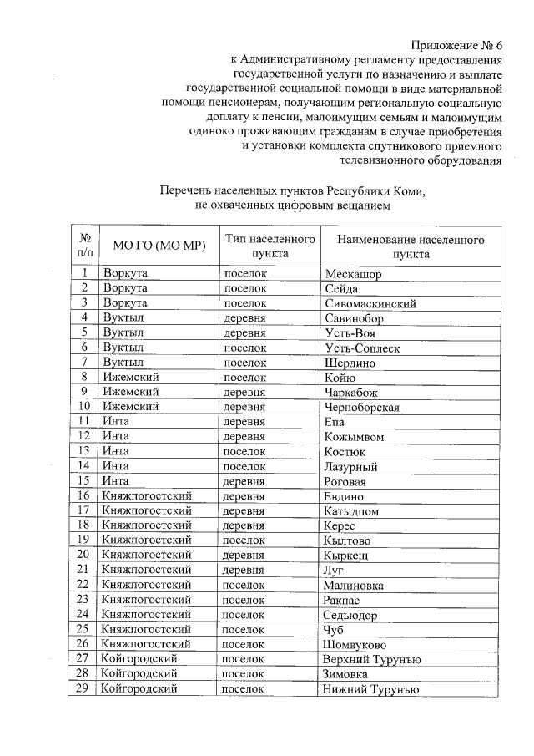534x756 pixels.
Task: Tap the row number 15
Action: pos(83,481)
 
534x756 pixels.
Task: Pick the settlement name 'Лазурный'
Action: pos(351,467)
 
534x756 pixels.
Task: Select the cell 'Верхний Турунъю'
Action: pos(372,660)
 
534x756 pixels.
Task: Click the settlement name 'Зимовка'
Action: pos(346,674)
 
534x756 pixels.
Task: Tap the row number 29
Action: pos(83,689)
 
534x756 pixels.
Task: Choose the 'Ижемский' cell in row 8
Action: pos(131,378)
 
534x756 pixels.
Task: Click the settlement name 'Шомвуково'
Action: pos(355,645)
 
